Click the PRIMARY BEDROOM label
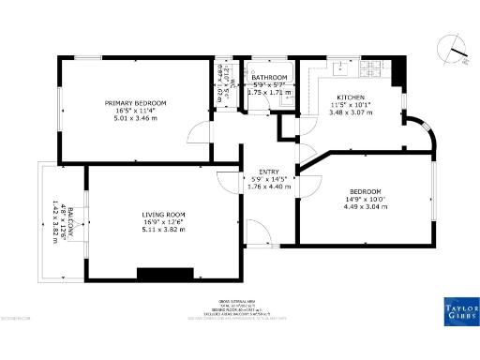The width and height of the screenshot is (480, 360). click(136, 102)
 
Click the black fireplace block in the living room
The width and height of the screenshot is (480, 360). click(164, 274)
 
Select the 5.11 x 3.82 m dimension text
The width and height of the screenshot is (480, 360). click(162, 230)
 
